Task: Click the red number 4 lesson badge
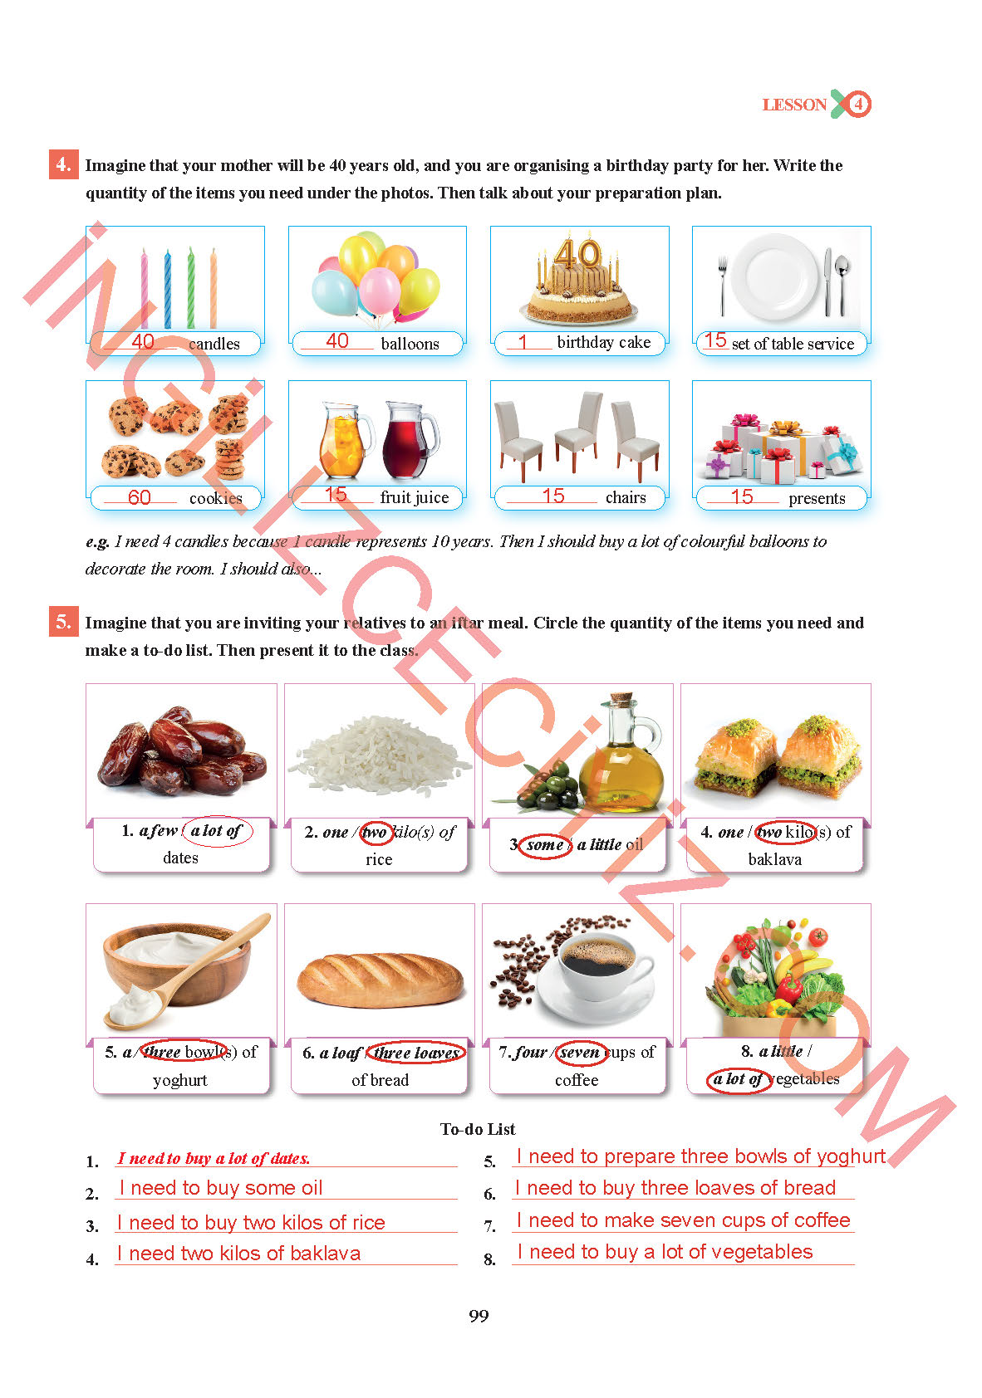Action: coord(858,105)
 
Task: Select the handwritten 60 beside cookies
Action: coord(140,497)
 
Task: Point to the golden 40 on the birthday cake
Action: coord(577,253)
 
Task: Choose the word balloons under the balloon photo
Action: coord(410,344)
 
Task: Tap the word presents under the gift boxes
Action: coord(817,498)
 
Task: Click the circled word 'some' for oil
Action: coord(545,845)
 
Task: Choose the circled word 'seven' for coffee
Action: coord(579,1053)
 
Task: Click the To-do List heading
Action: coord(478,1129)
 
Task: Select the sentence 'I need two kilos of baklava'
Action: coord(239,1253)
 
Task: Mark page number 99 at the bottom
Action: coord(479,1316)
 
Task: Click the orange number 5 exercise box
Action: coord(63,622)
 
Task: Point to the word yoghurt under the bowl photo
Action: coord(180,1080)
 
